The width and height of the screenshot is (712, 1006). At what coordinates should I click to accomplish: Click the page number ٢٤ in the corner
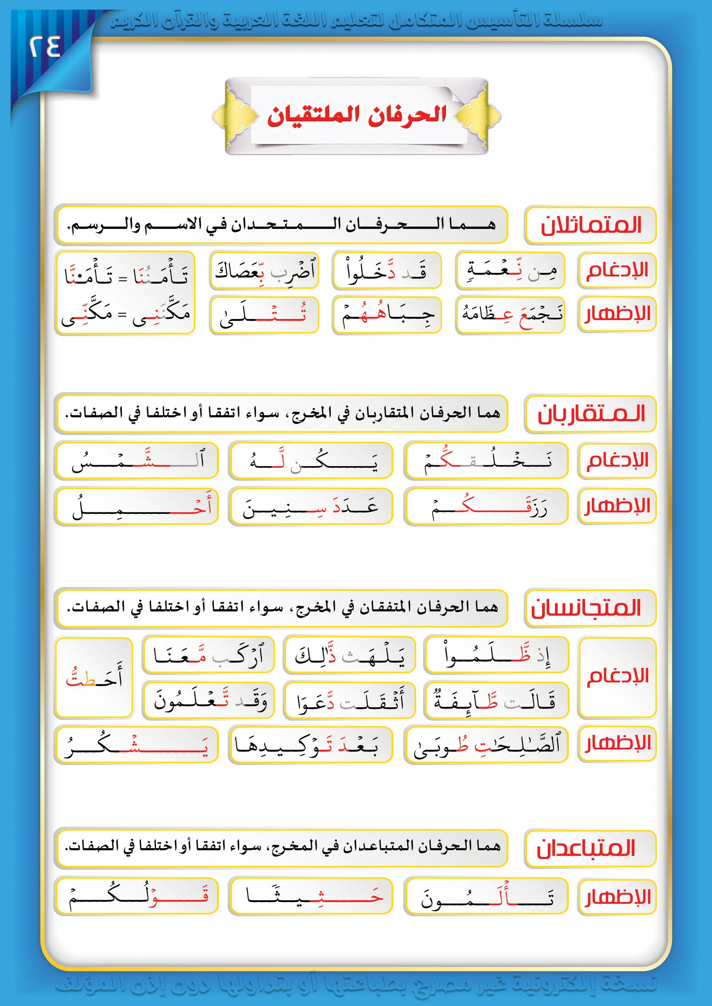[x=45, y=47]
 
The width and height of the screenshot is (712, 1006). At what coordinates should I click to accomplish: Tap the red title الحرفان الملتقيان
[x=356, y=116]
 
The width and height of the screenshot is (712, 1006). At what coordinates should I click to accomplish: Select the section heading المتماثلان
[x=590, y=225]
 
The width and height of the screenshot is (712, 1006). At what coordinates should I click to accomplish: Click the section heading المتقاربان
[x=590, y=414]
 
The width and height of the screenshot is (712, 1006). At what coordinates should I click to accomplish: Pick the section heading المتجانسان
[x=590, y=608]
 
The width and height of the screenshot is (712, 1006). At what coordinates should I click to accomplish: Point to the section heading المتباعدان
[x=590, y=848]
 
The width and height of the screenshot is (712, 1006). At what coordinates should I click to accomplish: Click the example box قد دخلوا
[x=387, y=271]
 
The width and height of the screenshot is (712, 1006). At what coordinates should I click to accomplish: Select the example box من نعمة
[x=510, y=271]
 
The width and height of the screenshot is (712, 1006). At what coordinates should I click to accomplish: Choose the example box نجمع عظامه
[x=510, y=315]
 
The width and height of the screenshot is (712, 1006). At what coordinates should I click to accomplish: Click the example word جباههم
[x=387, y=315]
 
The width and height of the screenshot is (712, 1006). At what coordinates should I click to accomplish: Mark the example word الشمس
[x=136, y=461]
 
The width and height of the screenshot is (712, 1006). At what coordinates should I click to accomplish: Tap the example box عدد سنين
[x=310, y=506]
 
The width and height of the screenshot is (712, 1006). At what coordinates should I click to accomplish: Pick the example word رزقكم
[x=486, y=506]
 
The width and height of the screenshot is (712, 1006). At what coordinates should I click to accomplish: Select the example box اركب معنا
[x=208, y=655]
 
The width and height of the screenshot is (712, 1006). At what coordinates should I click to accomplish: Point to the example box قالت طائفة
[x=495, y=700]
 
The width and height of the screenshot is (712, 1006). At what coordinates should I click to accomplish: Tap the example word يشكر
[x=136, y=745]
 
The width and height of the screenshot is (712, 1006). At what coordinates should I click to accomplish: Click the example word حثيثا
[x=310, y=896]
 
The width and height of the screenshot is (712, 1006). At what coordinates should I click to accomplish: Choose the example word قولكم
[x=136, y=896]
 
